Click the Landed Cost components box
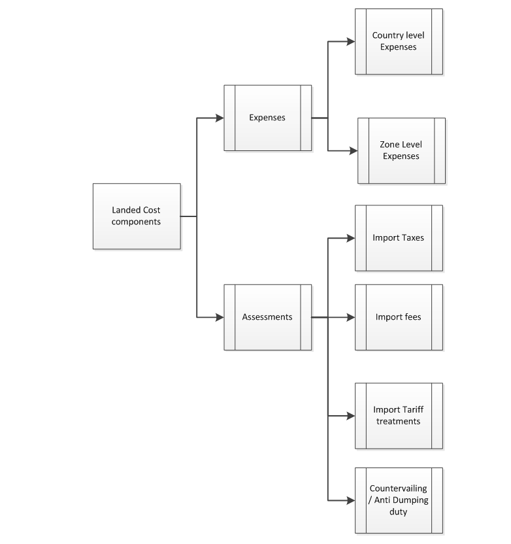tap(137, 216)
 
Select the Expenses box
tap(267, 118)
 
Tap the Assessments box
tap(267, 317)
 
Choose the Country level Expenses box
tap(399, 41)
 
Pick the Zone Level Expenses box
tap(401, 150)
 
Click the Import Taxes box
tap(399, 237)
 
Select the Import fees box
tap(399, 317)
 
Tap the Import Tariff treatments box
tap(399, 415)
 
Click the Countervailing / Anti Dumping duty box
tap(399, 500)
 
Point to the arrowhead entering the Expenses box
tap(220, 118)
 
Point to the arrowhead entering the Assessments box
tap(220, 317)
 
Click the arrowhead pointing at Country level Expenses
tap(351, 41)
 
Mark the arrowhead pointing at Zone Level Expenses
tap(354, 150)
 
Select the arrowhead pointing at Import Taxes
tap(351, 237)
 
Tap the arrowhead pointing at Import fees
tap(351, 317)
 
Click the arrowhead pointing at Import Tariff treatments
tap(351, 415)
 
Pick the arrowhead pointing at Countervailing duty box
tap(351, 500)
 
